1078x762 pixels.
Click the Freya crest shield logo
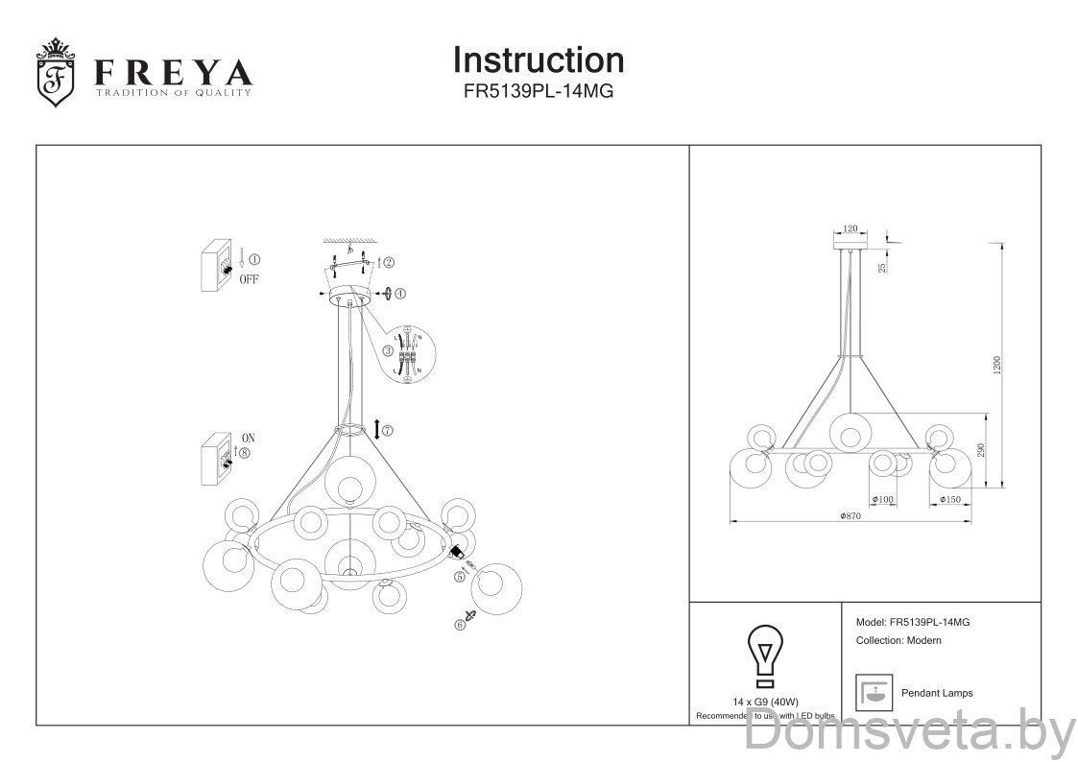pos(56,73)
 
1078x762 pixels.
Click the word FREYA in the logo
pos(173,73)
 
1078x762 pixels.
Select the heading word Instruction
pos(538,60)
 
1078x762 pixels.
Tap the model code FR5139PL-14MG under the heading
pos(538,92)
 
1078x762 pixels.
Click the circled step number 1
pos(254,259)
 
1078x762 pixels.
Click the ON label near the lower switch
pos(249,439)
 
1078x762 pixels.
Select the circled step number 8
pos(245,453)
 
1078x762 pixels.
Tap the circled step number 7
pos(387,431)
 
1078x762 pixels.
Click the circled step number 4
pos(400,294)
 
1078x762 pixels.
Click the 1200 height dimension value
pos(997,365)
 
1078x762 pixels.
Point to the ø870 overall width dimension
pos(849,516)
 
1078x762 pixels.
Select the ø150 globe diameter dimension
pos(950,500)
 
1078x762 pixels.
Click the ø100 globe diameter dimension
pos(883,500)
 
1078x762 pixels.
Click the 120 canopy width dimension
pos(850,229)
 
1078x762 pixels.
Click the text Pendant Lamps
pos(936,693)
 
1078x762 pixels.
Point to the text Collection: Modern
pos(898,640)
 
